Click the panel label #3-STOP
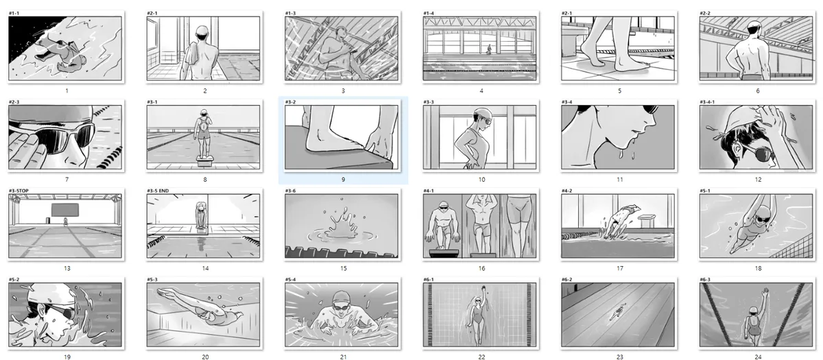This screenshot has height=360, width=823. point(19,191)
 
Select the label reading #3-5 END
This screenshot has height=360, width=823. point(158,191)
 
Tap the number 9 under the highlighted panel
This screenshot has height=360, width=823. point(343,180)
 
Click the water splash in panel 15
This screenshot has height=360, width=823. point(341,224)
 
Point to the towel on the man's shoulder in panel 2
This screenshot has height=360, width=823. point(191,59)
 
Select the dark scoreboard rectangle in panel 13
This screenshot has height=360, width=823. point(64,210)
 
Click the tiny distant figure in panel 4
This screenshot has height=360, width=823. point(488,49)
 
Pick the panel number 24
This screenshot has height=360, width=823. point(758,357)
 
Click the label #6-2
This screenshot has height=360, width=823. point(567,280)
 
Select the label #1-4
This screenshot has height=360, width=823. point(429,13)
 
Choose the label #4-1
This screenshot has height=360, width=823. point(429,191)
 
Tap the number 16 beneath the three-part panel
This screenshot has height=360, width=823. point(481,269)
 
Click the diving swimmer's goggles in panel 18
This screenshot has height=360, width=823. point(762,219)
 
